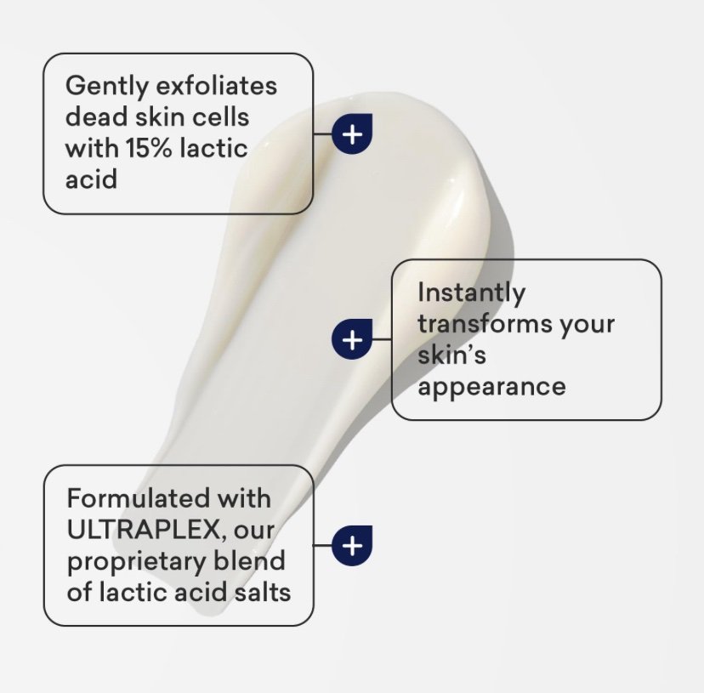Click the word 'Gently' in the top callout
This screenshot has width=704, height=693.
[106, 87]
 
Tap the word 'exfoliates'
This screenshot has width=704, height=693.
[216, 85]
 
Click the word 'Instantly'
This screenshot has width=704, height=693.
[471, 294]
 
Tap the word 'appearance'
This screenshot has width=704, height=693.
[491, 388]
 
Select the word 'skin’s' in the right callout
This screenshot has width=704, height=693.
[451, 355]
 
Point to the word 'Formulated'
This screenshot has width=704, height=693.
[139, 498]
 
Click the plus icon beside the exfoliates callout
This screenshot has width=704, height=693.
[353, 133]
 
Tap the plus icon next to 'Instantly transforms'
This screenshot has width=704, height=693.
[353, 339]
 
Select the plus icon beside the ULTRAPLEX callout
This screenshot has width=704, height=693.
[353, 545]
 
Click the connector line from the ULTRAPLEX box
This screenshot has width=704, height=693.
[323, 545]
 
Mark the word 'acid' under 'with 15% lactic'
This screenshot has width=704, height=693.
[91, 179]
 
